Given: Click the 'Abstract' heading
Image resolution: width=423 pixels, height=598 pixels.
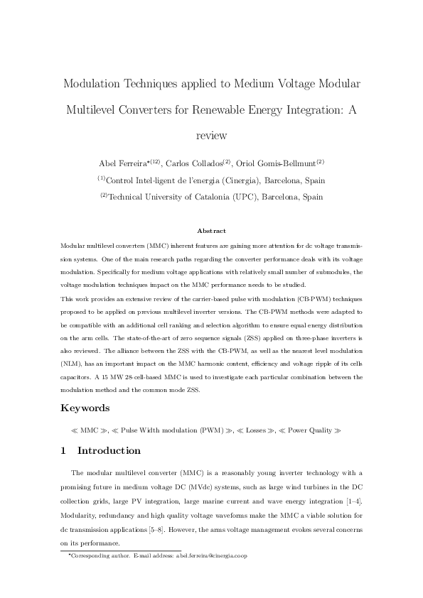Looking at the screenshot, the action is pos(211,231).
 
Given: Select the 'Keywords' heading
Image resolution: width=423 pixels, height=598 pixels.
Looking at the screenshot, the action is pos(87,408).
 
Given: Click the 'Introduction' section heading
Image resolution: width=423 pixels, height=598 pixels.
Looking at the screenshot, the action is pos(109,450).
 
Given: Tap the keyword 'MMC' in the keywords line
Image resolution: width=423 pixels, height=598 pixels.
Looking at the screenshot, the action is pos(90,430).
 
